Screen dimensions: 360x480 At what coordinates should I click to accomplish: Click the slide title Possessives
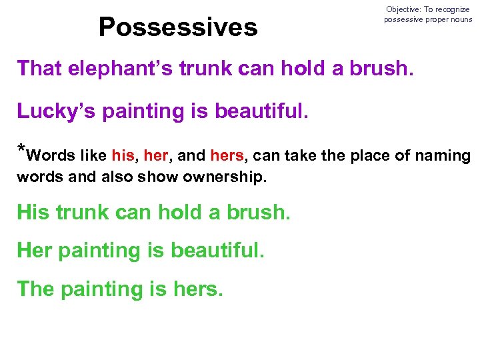[177, 27]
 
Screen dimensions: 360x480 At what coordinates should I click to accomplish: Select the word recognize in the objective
[453, 9]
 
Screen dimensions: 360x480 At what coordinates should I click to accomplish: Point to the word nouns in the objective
[460, 19]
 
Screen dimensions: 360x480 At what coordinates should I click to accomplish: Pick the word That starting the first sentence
[39, 68]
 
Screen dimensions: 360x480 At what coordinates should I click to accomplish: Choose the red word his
[123, 156]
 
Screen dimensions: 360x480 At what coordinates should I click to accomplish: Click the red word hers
[227, 156]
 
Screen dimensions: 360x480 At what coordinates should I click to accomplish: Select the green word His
[33, 213]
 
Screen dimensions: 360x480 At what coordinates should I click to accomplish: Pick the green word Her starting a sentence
[35, 251]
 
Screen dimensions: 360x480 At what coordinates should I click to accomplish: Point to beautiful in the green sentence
[217, 251]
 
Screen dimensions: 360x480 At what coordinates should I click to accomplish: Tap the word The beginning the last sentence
[36, 289]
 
